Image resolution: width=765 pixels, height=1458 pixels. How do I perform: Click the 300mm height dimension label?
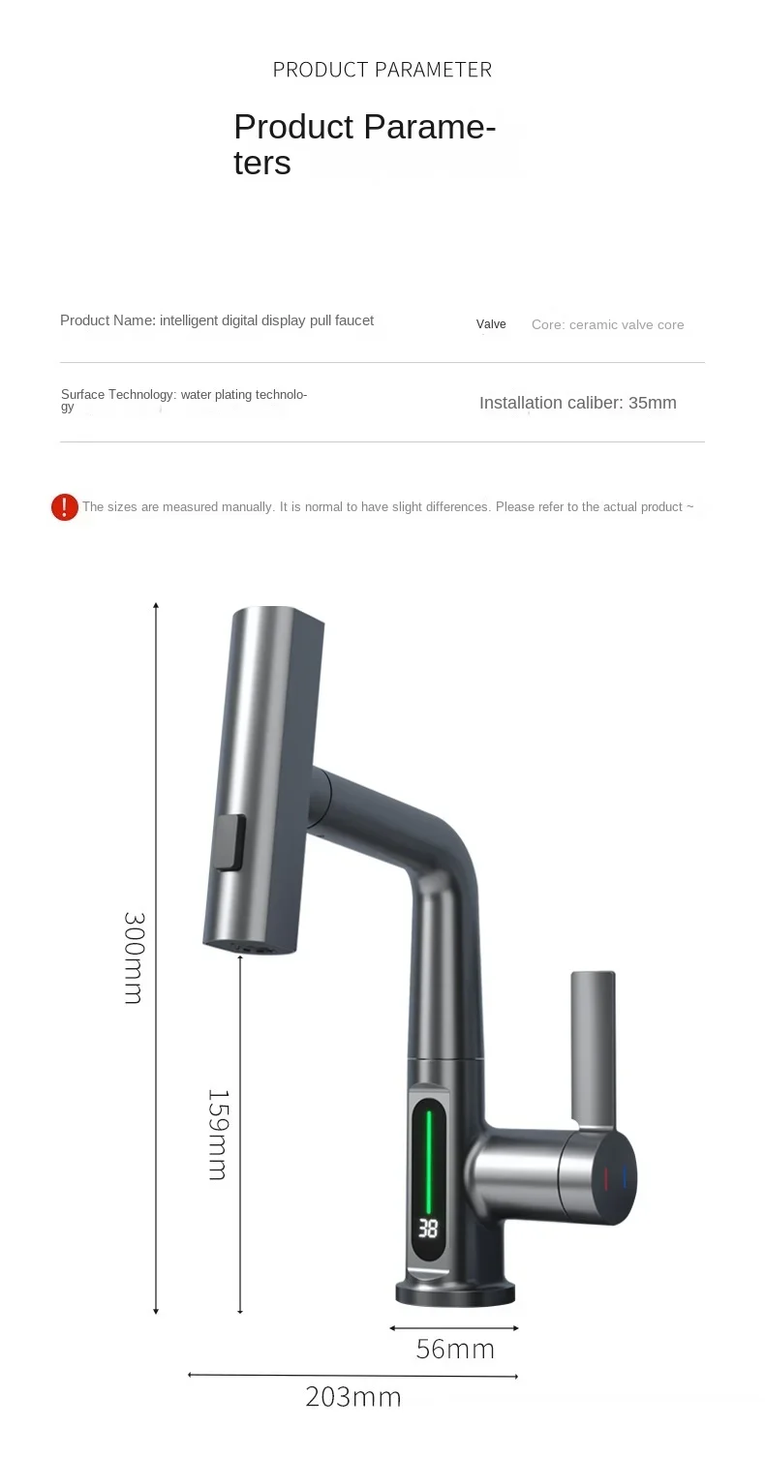pos(135,958)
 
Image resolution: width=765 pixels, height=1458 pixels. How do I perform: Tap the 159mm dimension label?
pos(218,1135)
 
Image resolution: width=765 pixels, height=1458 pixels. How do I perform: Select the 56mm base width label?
pos(455,1350)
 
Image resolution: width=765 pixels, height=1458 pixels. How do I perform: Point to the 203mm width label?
pos(352,1397)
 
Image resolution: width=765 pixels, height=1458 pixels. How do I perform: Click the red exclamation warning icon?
pos(65,507)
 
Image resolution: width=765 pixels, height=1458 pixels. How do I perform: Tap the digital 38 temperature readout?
pos(428,1229)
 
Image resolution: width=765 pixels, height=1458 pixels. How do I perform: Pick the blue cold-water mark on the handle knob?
pos(625,1177)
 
